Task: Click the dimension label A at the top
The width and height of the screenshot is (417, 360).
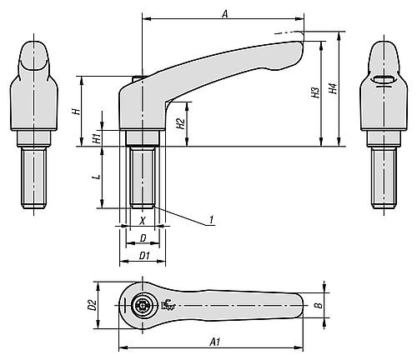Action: coord(225,13)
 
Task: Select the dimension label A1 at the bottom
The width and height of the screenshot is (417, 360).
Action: coord(215,342)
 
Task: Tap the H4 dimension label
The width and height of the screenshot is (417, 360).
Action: coord(333,88)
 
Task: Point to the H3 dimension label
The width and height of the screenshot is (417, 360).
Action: coord(315,92)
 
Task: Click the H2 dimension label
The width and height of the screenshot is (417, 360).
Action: coord(181,123)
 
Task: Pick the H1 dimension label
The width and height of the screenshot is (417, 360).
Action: coord(96,138)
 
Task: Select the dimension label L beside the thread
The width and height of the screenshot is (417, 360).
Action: coord(97,177)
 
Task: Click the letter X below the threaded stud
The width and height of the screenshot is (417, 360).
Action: coord(143,221)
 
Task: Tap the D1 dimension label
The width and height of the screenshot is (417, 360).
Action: coord(144,256)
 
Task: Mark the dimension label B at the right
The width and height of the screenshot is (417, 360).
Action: coord(319,305)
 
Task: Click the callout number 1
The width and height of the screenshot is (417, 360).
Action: coord(211,220)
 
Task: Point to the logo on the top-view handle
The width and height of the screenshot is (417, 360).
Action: coord(168,305)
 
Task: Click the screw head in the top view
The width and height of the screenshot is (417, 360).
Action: coord(142,306)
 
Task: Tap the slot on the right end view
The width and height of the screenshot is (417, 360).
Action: coord(384,79)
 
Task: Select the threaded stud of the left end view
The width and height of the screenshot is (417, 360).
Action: coord(33,177)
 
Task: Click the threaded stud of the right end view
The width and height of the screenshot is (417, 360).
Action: coord(384,177)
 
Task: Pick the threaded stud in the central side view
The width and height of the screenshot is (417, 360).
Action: coord(143,177)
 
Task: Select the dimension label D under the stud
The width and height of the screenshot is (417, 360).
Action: coord(143,238)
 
